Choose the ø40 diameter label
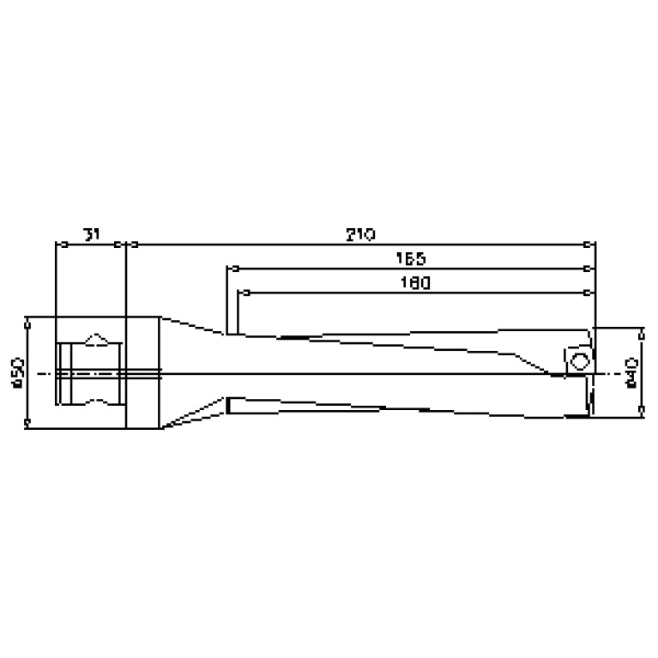[x=633, y=373]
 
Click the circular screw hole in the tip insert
[x=580, y=359]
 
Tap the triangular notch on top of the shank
[x=99, y=339]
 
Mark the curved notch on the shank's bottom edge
[x=99, y=401]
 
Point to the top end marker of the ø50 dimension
[x=27, y=322]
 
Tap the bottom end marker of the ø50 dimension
[x=27, y=424]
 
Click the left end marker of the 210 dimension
[x=126, y=244]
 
